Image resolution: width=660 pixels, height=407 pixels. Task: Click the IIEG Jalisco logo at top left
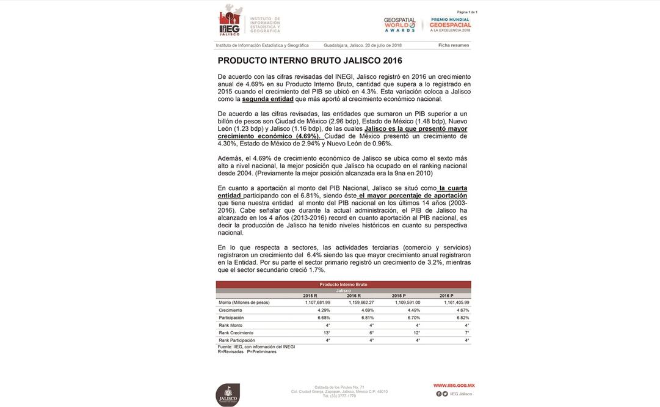tap(231, 21)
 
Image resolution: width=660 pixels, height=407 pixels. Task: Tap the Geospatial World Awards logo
tap(399, 24)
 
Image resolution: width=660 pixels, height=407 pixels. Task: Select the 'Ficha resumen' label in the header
tap(454, 45)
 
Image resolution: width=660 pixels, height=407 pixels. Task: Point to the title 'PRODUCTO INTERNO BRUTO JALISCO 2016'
tap(310, 61)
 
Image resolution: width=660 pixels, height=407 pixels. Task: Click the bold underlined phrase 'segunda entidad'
tap(267, 99)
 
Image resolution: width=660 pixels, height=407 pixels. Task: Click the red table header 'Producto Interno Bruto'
tap(343, 284)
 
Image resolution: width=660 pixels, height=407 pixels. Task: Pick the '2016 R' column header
tap(354, 296)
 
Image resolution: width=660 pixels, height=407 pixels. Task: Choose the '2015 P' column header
tap(399, 296)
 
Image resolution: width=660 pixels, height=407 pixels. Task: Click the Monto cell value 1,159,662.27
tap(361, 302)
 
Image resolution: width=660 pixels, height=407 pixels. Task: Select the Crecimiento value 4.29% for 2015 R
tap(324, 310)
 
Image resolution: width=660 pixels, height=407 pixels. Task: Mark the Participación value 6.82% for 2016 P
tap(463, 318)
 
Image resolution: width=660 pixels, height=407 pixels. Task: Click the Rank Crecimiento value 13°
tap(327, 332)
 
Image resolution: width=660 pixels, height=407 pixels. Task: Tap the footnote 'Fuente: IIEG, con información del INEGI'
tap(256, 346)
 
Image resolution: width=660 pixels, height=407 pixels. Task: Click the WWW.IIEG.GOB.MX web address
tap(454, 386)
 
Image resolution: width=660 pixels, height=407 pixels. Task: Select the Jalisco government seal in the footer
tap(228, 394)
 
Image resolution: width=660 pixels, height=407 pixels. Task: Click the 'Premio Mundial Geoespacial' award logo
tap(450, 24)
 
